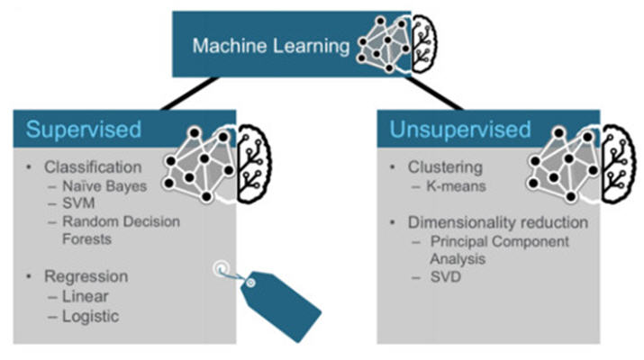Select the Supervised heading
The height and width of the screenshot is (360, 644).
83,130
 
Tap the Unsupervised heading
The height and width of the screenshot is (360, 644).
459,130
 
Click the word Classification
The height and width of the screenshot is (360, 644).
94,167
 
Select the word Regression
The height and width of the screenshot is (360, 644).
89,276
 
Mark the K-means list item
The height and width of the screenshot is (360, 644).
454,186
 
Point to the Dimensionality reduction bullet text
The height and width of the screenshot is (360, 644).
498,221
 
